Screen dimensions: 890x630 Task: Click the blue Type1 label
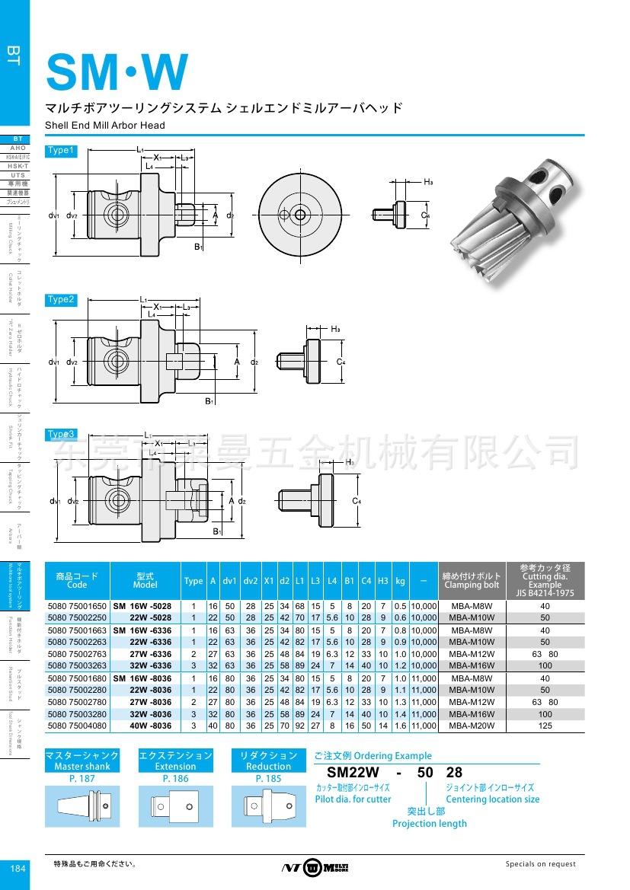tap(61, 151)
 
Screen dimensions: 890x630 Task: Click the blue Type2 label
tap(61, 300)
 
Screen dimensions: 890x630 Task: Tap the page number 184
tap(17, 869)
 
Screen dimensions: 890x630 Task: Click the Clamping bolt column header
tap(472, 581)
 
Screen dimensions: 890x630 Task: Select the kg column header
tap(400, 581)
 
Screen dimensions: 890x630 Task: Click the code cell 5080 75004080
tap(78, 726)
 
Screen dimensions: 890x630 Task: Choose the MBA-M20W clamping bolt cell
tap(472, 726)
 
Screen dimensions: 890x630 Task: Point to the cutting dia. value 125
tap(545, 726)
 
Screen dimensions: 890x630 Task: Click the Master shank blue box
tap(82, 761)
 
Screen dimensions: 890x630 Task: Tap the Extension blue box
tap(175, 761)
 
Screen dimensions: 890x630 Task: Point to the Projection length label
tap(429, 823)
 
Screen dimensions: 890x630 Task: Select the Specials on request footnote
tap(541, 864)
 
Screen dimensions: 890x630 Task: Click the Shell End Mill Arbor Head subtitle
tap(105, 125)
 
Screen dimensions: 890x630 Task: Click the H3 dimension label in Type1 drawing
tap(428, 182)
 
